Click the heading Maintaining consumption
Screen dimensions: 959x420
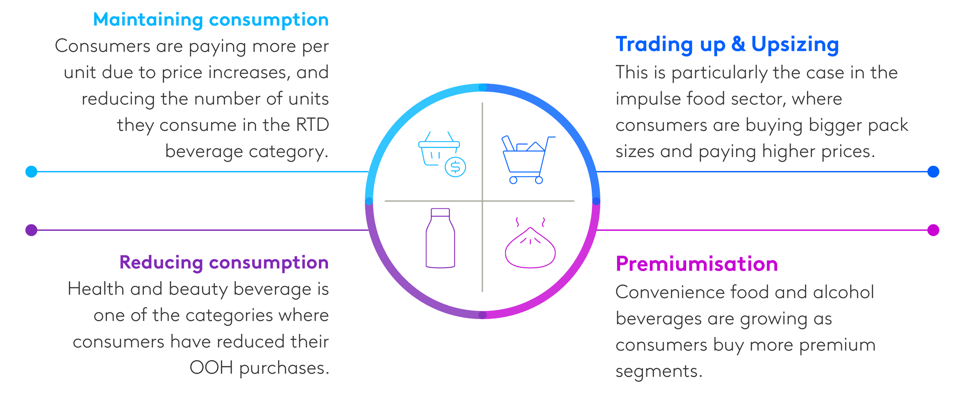click(x=211, y=20)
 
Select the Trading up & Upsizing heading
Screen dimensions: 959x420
click(x=727, y=45)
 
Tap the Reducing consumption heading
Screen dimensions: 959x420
click(x=224, y=263)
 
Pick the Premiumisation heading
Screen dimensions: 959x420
click(x=697, y=264)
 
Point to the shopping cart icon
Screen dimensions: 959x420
click(x=528, y=160)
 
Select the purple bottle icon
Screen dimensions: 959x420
click(x=440, y=238)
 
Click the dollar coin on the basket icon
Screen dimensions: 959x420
click(x=456, y=167)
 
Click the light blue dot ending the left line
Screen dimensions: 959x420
click(x=31, y=171)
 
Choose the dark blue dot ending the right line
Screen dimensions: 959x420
click(x=933, y=171)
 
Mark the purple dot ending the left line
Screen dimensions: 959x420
click(x=31, y=230)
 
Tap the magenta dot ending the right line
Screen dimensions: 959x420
click(x=933, y=230)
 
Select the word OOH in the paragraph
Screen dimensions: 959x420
click(x=211, y=368)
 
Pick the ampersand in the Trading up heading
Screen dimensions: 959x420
click(x=738, y=45)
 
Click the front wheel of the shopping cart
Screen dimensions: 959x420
click(x=513, y=180)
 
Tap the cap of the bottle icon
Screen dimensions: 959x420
click(x=440, y=213)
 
